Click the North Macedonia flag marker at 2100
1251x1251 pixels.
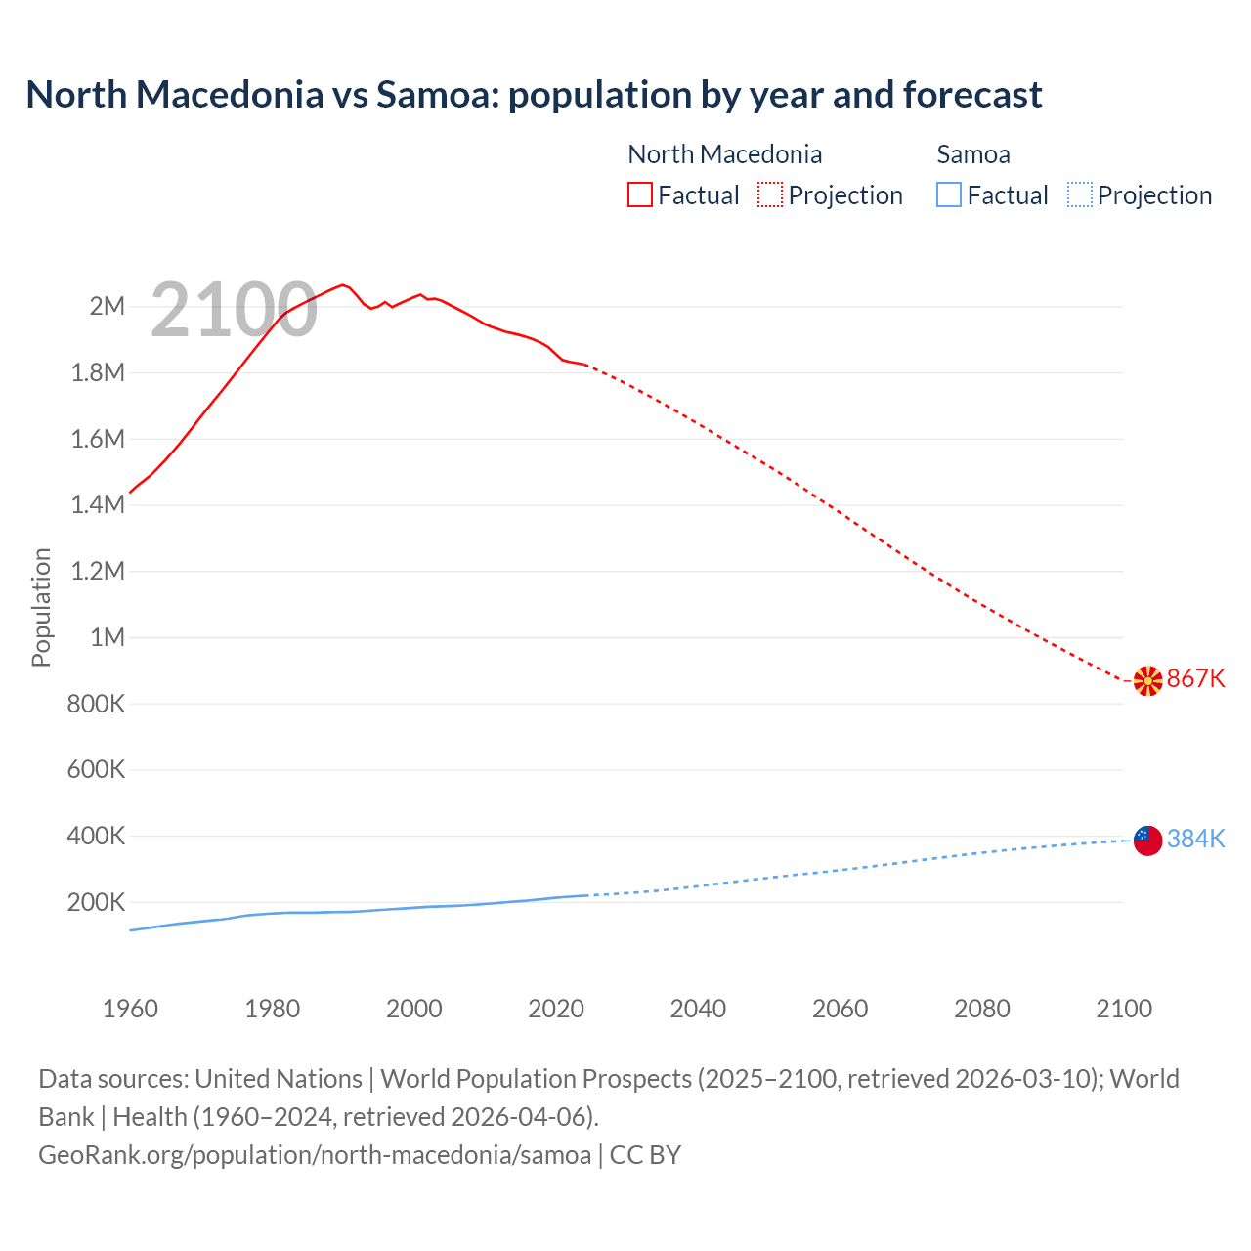[1147, 680]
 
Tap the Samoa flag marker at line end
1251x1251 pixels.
[1147, 840]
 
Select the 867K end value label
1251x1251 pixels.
[1196, 679]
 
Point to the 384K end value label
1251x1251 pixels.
[1196, 840]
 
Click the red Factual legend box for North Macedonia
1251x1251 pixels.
[639, 195]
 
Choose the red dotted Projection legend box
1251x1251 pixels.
[770, 195]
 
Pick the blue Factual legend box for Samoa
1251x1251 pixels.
[949, 195]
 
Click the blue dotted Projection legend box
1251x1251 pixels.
[1080, 195]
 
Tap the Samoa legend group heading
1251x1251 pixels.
[973, 154]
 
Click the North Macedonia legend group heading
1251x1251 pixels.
[724, 154]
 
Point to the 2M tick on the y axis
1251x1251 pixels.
[108, 307]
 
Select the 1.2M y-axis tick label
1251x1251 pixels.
[98, 572]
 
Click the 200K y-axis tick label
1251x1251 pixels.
[96, 903]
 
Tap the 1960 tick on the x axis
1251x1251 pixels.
[130, 1010]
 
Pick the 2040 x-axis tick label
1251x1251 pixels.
[698, 1010]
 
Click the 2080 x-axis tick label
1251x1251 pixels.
[982, 1010]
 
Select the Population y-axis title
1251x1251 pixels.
[41, 607]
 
